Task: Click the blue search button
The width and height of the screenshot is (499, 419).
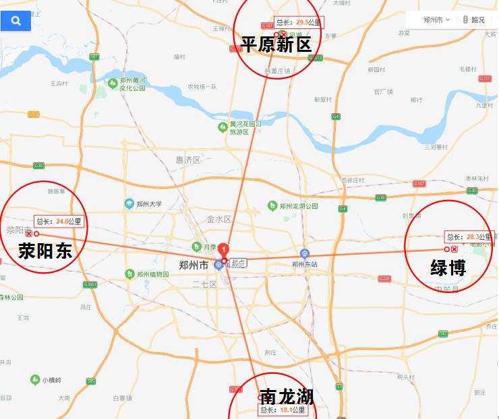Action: point(16,21)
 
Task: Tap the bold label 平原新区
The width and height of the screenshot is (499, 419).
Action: point(276,45)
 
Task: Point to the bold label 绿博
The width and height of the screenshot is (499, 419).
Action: point(448,267)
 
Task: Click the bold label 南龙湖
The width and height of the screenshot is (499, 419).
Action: point(286,395)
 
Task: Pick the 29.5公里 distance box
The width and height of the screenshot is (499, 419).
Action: point(299,22)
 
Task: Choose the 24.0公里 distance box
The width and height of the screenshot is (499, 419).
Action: point(59,221)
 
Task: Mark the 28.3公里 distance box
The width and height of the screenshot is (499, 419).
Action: point(469,236)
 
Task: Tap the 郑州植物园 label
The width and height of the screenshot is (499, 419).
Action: point(151,274)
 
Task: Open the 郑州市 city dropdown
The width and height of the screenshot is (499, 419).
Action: point(436,20)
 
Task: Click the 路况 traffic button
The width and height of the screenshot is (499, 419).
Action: point(474,20)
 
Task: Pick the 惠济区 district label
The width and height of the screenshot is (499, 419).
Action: point(188,160)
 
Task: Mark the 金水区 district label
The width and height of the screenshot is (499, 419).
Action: point(219,219)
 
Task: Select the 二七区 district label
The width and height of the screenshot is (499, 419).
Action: point(204,284)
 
